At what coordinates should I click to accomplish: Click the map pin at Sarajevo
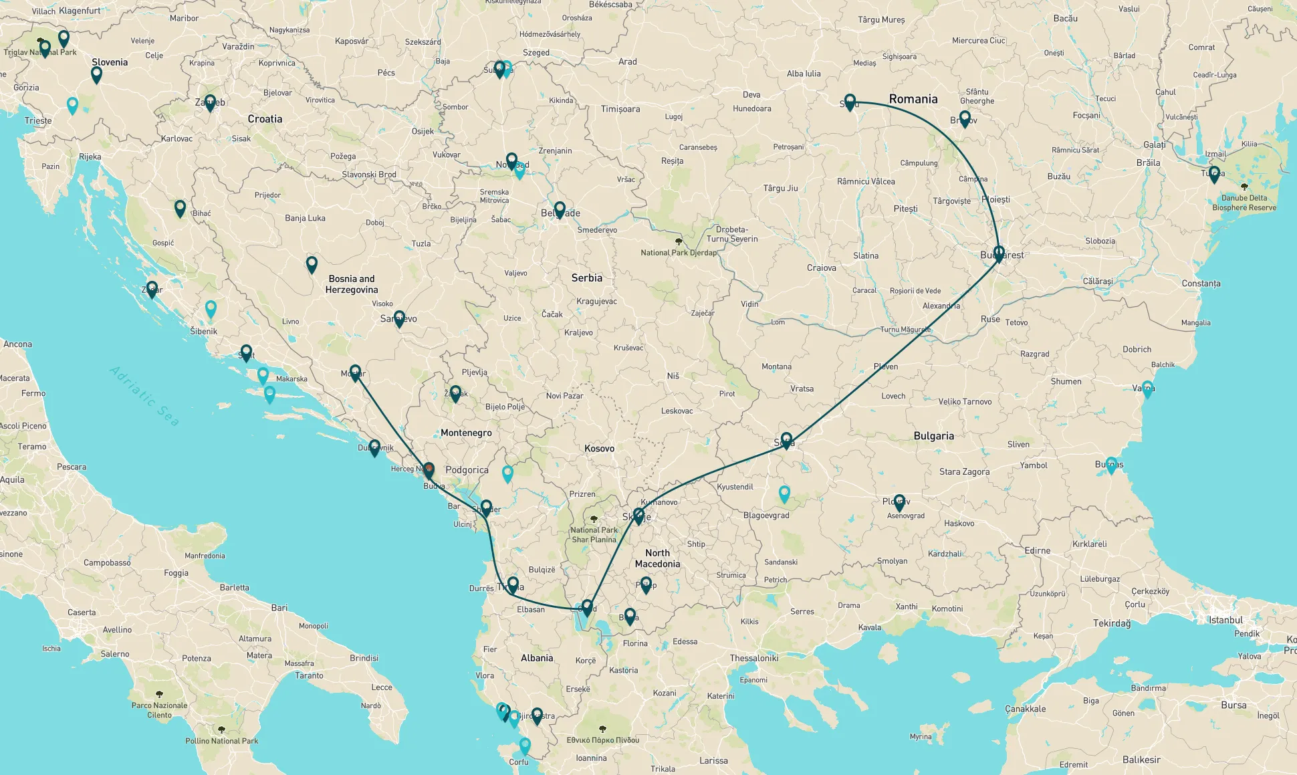click(x=399, y=318)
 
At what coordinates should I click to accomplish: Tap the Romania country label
click(x=913, y=99)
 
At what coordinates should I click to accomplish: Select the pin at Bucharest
click(x=999, y=253)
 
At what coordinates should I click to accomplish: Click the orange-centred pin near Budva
click(x=429, y=470)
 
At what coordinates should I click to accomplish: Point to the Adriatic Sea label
click(x=144, y=396)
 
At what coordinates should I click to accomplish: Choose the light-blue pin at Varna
click(x=1147, y=388)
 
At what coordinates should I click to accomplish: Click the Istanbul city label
click(x=1225, y=620)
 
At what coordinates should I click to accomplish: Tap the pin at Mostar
click(x=355, y=372)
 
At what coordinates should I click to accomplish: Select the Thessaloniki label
click(x=753, y=658)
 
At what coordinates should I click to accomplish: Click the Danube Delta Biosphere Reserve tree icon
click(x=1244, y=187)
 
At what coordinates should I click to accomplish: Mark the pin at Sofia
click(x=786, y=440)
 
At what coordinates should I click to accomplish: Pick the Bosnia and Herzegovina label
click(x=352, y=284)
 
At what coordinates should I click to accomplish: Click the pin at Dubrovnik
click(x=374, y=447)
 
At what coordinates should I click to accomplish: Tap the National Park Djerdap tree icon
click(x=679, y=242)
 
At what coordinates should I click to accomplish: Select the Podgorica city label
click(x=467, y=470)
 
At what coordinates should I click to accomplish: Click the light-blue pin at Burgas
click(x=1111, y=465)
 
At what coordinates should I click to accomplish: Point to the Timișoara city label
click(x=620, y=109)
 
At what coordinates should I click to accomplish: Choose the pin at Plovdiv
click(x=899, y=502)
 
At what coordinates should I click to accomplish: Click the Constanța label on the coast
click(x=1201, y=284)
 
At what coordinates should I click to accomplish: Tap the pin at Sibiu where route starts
click(x=850, y=102)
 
